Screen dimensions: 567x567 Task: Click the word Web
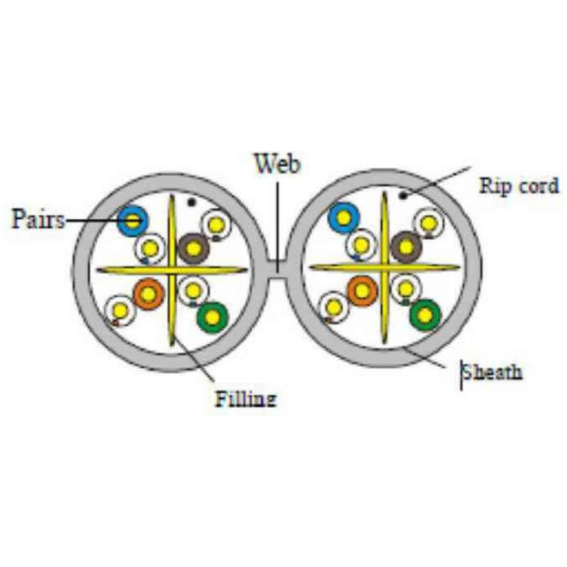(x=278, y=164)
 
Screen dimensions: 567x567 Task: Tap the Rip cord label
(x=518, y=186)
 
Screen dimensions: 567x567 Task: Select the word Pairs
(x=38, y=219)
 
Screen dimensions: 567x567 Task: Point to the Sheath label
(x=492, y=372)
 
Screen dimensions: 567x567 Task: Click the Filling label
(x=246, y=399)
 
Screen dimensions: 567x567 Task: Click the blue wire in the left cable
(x=133, y=220)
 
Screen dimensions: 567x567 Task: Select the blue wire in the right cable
(x=343, y=218)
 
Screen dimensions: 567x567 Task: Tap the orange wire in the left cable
(x=149, y=294)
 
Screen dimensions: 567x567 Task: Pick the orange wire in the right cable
(x=361, y=291)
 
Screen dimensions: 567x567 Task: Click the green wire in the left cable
(x=213, y=318)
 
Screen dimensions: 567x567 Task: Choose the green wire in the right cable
(x=426, y=315)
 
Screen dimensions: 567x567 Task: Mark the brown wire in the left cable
(x=194, y=248)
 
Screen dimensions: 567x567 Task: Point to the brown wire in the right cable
(x=406, y=247)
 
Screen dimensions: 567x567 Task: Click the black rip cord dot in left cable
(x=191, y=202)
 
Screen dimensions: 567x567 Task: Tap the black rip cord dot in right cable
(x=402, y=195)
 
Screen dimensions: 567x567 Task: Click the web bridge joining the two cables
(x=278, y=269)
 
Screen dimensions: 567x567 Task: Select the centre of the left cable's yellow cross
(x=172, y=270)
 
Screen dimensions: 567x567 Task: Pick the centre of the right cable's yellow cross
(x=385, y=268)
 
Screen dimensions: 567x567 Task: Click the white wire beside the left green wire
(x=193, y=291)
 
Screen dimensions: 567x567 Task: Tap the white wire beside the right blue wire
(x=361, y=246)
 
